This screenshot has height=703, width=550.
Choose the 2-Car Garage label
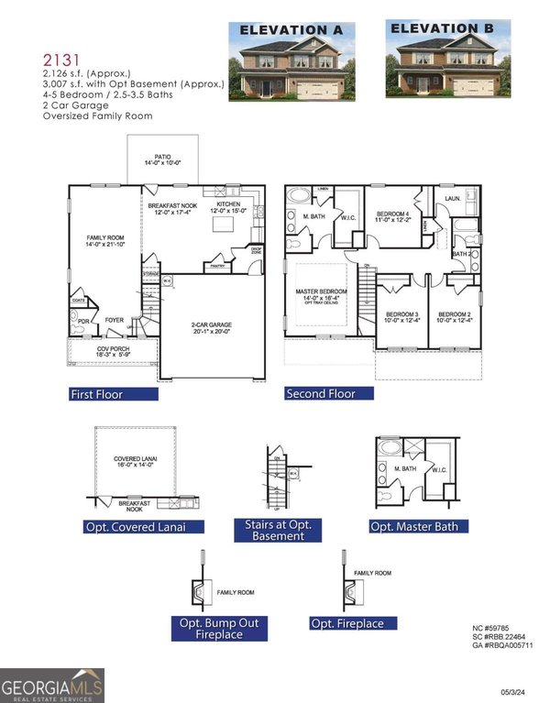(x=214, y=324)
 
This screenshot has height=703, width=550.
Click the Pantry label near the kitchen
(x=218, y=266)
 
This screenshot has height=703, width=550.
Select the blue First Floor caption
(x=97, y=394)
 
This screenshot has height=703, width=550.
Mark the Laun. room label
(x=453, y=197)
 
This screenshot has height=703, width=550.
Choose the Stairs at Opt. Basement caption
(x=279, y=531)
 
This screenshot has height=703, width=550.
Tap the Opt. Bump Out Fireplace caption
(x=220, y=628)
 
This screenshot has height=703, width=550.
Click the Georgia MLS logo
(x=52, y=686)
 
